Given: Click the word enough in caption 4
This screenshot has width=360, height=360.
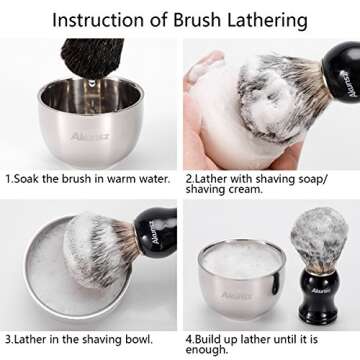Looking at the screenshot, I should (210, 351).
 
